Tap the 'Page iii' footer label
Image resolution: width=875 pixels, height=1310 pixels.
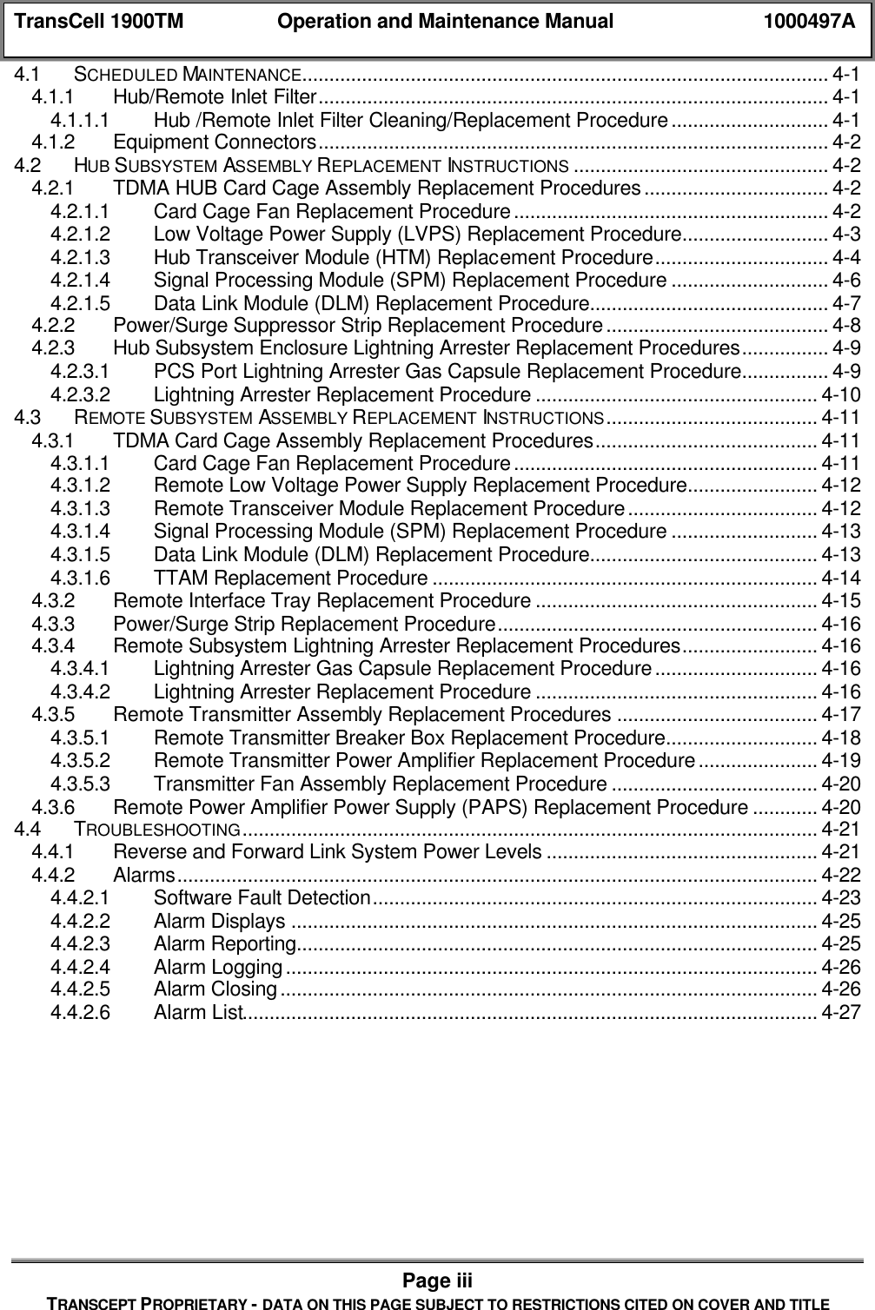point(437,1280)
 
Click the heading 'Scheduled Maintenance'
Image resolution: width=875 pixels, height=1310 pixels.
point(188,74)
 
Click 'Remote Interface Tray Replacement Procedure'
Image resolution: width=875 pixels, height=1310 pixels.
point(322,600)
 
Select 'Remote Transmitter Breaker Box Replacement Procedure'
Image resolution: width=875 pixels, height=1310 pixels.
point(408,738)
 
